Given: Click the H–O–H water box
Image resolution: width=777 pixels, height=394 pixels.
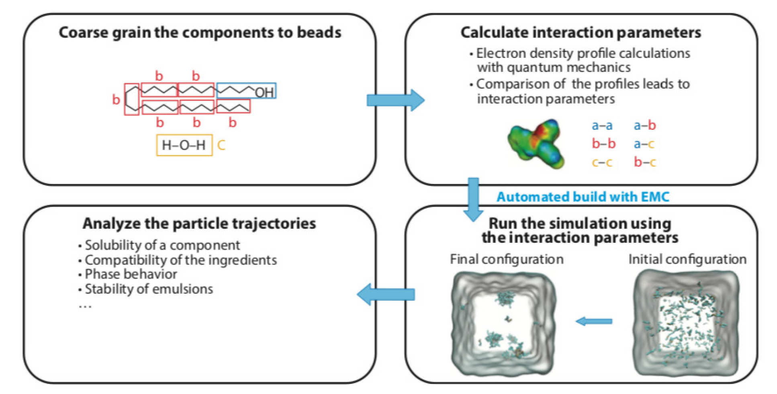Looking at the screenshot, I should [184, 145].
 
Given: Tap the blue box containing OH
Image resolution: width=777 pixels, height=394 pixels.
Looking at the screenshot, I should [246, 91].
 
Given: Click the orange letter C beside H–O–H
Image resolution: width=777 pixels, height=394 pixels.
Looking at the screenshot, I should [221, 145].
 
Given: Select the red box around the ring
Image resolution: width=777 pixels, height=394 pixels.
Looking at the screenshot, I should [131, 99].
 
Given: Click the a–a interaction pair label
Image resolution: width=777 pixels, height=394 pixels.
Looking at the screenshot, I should [602, 126].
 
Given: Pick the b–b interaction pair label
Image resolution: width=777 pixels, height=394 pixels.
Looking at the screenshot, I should [603, 144].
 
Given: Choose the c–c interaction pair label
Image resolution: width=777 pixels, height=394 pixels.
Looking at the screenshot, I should [602, 162].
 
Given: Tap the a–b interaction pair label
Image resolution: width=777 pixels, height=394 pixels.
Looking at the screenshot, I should [645, 126].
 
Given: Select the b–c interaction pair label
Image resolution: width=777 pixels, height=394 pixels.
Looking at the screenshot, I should [645, 162].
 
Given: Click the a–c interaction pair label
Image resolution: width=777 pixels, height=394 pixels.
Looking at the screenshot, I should [644, 144].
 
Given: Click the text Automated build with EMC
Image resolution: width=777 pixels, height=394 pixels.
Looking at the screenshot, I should [583, 197].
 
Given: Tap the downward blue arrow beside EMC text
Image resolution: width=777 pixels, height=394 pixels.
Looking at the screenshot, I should [474, 199].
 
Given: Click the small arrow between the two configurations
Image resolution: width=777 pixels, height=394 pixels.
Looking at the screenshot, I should [594, 321].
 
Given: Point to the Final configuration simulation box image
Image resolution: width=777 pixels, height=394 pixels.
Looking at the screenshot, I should [504, 323].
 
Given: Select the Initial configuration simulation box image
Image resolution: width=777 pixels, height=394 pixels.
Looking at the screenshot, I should [686, 323].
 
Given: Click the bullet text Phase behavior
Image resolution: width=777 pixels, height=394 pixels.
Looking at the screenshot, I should [131, 274].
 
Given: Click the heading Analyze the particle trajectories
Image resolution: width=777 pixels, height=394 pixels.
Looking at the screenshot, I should [199, 224].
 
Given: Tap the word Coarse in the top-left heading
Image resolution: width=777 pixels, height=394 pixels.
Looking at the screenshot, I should [84, 33].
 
